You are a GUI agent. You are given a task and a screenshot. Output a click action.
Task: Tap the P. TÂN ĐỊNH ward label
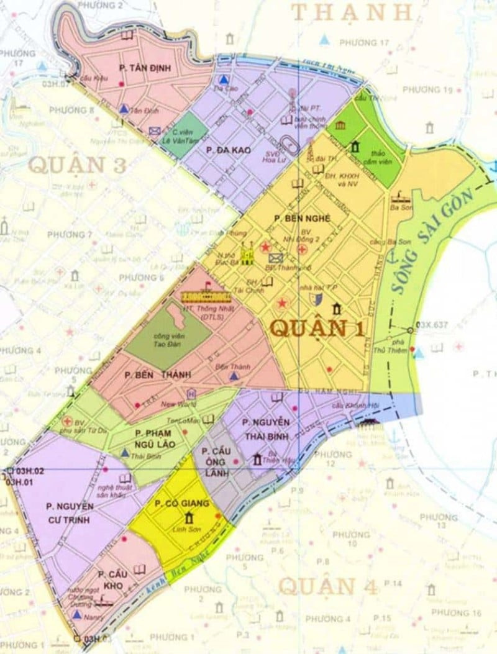tap(147, 68)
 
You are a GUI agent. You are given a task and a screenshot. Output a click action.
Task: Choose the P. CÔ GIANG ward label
tap(183, 503)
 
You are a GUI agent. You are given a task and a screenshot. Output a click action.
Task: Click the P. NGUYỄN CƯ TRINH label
tap(70, 513)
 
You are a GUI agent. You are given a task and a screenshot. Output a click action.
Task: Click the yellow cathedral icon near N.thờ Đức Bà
tap(248, 253)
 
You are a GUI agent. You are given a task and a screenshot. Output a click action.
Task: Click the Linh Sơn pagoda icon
tap(188, 517)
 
